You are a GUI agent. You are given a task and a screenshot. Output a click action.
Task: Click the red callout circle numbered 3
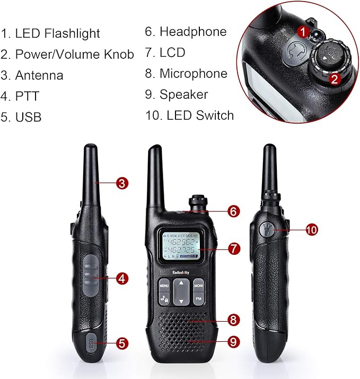(122, 183)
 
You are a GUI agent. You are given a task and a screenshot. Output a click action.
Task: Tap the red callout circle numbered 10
(312, 229)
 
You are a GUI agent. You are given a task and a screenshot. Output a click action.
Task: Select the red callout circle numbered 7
(234, 249)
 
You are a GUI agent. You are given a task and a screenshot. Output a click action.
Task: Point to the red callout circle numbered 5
(122, 343)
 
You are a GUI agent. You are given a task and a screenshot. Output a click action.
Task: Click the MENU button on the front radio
(164, 286)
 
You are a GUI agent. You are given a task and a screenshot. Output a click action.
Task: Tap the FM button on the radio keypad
(198, 298)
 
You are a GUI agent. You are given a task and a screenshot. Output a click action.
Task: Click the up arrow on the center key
(181, 283)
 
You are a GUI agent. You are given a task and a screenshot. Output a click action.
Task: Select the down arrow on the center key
(181, 302)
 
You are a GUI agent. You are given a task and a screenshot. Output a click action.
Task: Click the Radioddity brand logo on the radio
(181, 272)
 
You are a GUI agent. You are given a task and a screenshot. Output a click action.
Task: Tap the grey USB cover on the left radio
(91, 343)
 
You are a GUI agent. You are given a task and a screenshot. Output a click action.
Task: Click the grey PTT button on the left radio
(91, 275)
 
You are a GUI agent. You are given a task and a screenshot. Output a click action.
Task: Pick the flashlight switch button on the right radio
(266, 229)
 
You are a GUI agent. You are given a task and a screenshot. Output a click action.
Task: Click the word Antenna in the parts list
(39, 75)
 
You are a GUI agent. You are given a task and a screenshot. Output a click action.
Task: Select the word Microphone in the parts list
(194, 73)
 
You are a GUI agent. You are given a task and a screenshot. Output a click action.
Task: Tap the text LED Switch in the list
(200, 115)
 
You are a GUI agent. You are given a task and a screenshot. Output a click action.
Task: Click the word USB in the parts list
(28, 117)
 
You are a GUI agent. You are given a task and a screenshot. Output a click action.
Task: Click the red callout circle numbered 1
(303, 32)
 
